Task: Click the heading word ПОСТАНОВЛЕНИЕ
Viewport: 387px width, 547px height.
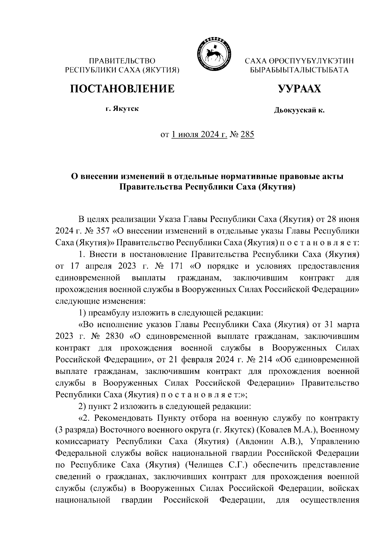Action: [123, 88]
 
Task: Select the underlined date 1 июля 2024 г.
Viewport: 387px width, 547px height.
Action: [199, 134]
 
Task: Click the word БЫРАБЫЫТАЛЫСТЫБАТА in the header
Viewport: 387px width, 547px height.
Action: [300, 70]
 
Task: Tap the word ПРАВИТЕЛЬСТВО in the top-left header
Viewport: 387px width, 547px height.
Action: [122, 61]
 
